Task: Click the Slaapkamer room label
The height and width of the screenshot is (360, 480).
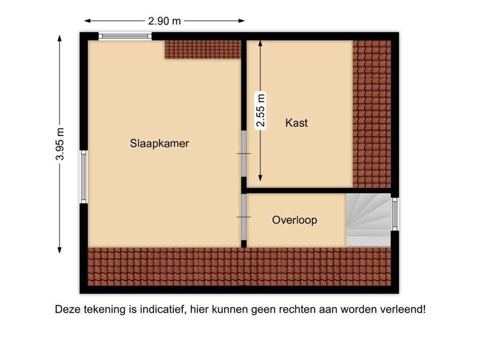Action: (159, 143)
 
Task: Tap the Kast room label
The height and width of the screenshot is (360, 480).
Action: (297, 123)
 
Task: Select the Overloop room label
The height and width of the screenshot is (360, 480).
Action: (294, 220)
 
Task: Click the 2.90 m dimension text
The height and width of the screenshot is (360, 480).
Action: (165, 21)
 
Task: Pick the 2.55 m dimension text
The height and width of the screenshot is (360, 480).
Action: (261, 111)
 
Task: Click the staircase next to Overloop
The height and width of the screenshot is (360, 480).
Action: (368, 220)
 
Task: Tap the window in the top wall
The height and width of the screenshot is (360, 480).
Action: (125, 36)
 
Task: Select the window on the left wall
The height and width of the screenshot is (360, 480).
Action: (83, 177)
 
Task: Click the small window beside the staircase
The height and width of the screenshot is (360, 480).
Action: (395, 214)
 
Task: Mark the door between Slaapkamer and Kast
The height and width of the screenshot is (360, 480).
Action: (244, 153)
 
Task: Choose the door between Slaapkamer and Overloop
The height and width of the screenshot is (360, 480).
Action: (244, 217)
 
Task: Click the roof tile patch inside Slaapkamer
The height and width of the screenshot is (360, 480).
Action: (202, 49)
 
